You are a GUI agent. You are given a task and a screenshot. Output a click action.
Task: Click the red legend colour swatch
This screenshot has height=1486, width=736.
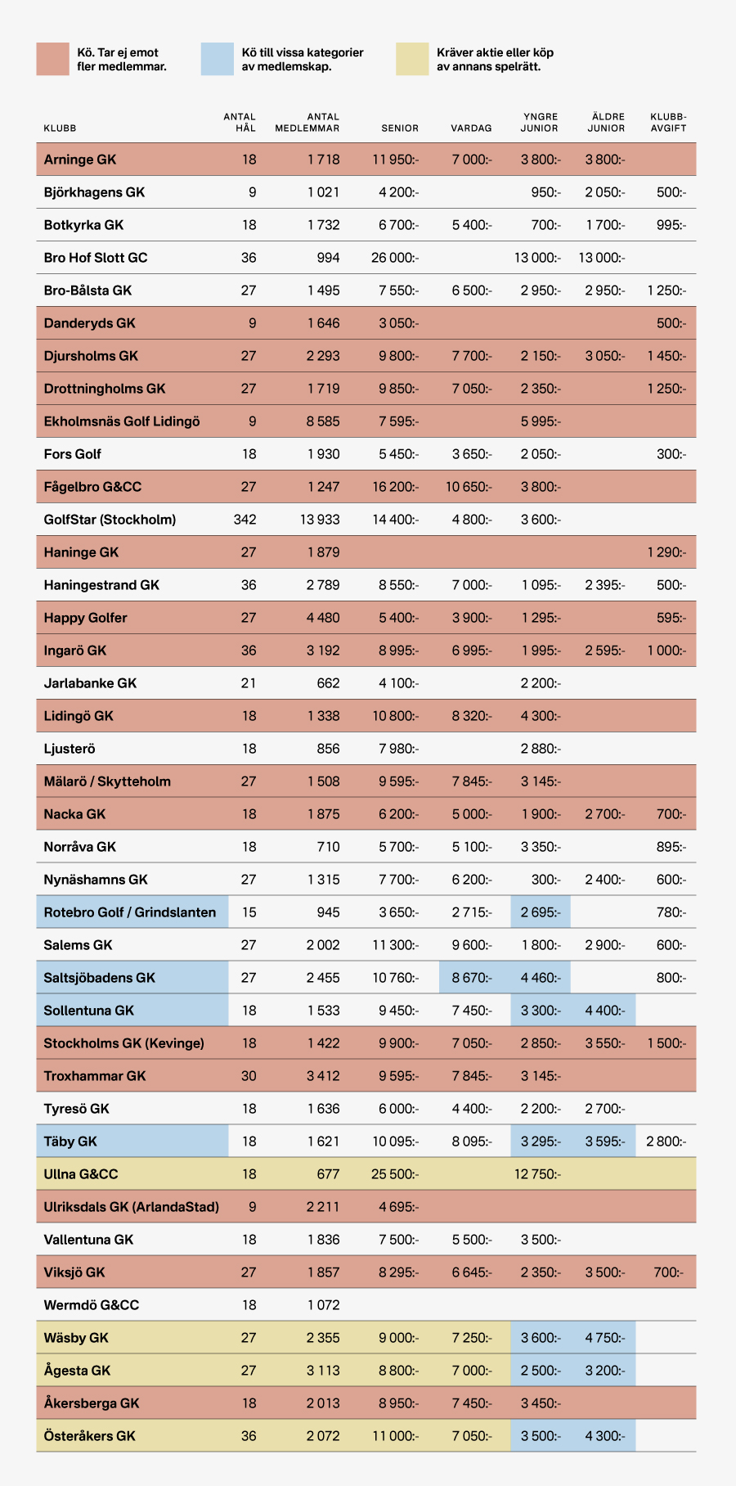coord(52,59)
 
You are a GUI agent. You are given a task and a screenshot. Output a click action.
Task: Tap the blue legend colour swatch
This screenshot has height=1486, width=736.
coord(218,59)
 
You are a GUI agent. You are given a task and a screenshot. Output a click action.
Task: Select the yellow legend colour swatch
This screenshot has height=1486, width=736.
coord(412,59)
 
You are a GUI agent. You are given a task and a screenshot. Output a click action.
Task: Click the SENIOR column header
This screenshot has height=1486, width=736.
coord(400,128)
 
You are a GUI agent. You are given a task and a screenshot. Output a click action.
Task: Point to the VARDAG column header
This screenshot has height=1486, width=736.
coord(471,128)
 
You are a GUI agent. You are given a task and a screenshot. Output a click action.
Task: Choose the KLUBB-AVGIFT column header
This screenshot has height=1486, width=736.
coord(668,123)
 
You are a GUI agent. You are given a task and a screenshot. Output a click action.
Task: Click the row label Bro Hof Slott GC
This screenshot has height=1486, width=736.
coord(96,258)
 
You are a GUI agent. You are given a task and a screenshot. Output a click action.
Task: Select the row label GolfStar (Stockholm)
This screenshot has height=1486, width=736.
coord(110,520)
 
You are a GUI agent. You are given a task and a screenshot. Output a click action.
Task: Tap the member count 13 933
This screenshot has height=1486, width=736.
coord(320,520)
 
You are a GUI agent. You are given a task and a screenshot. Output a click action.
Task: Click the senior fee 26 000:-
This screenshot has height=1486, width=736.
coord(395,258)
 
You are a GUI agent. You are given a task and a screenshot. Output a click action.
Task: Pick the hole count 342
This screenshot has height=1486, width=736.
coord(245,520)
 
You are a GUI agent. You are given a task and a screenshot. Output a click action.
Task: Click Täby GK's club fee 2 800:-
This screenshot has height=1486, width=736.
coord(666,1142)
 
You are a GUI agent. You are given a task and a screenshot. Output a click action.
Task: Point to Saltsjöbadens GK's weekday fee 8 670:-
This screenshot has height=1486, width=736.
coord(472,978)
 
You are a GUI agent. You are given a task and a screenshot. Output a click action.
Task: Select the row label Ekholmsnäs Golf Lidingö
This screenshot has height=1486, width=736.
coord(122,421)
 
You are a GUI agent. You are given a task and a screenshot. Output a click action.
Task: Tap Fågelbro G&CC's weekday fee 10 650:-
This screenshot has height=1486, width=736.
coord(469,487)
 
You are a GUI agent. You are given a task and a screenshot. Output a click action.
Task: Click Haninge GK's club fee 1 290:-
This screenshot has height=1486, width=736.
coord(666,552)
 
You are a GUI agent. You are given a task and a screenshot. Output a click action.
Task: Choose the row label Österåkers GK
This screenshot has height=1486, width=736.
coord(90,1436)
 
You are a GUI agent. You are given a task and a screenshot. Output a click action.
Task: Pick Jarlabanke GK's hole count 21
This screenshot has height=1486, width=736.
coord(249,683)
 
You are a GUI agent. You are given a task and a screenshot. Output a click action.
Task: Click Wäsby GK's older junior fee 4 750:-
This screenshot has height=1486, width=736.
coord(605,1338)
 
